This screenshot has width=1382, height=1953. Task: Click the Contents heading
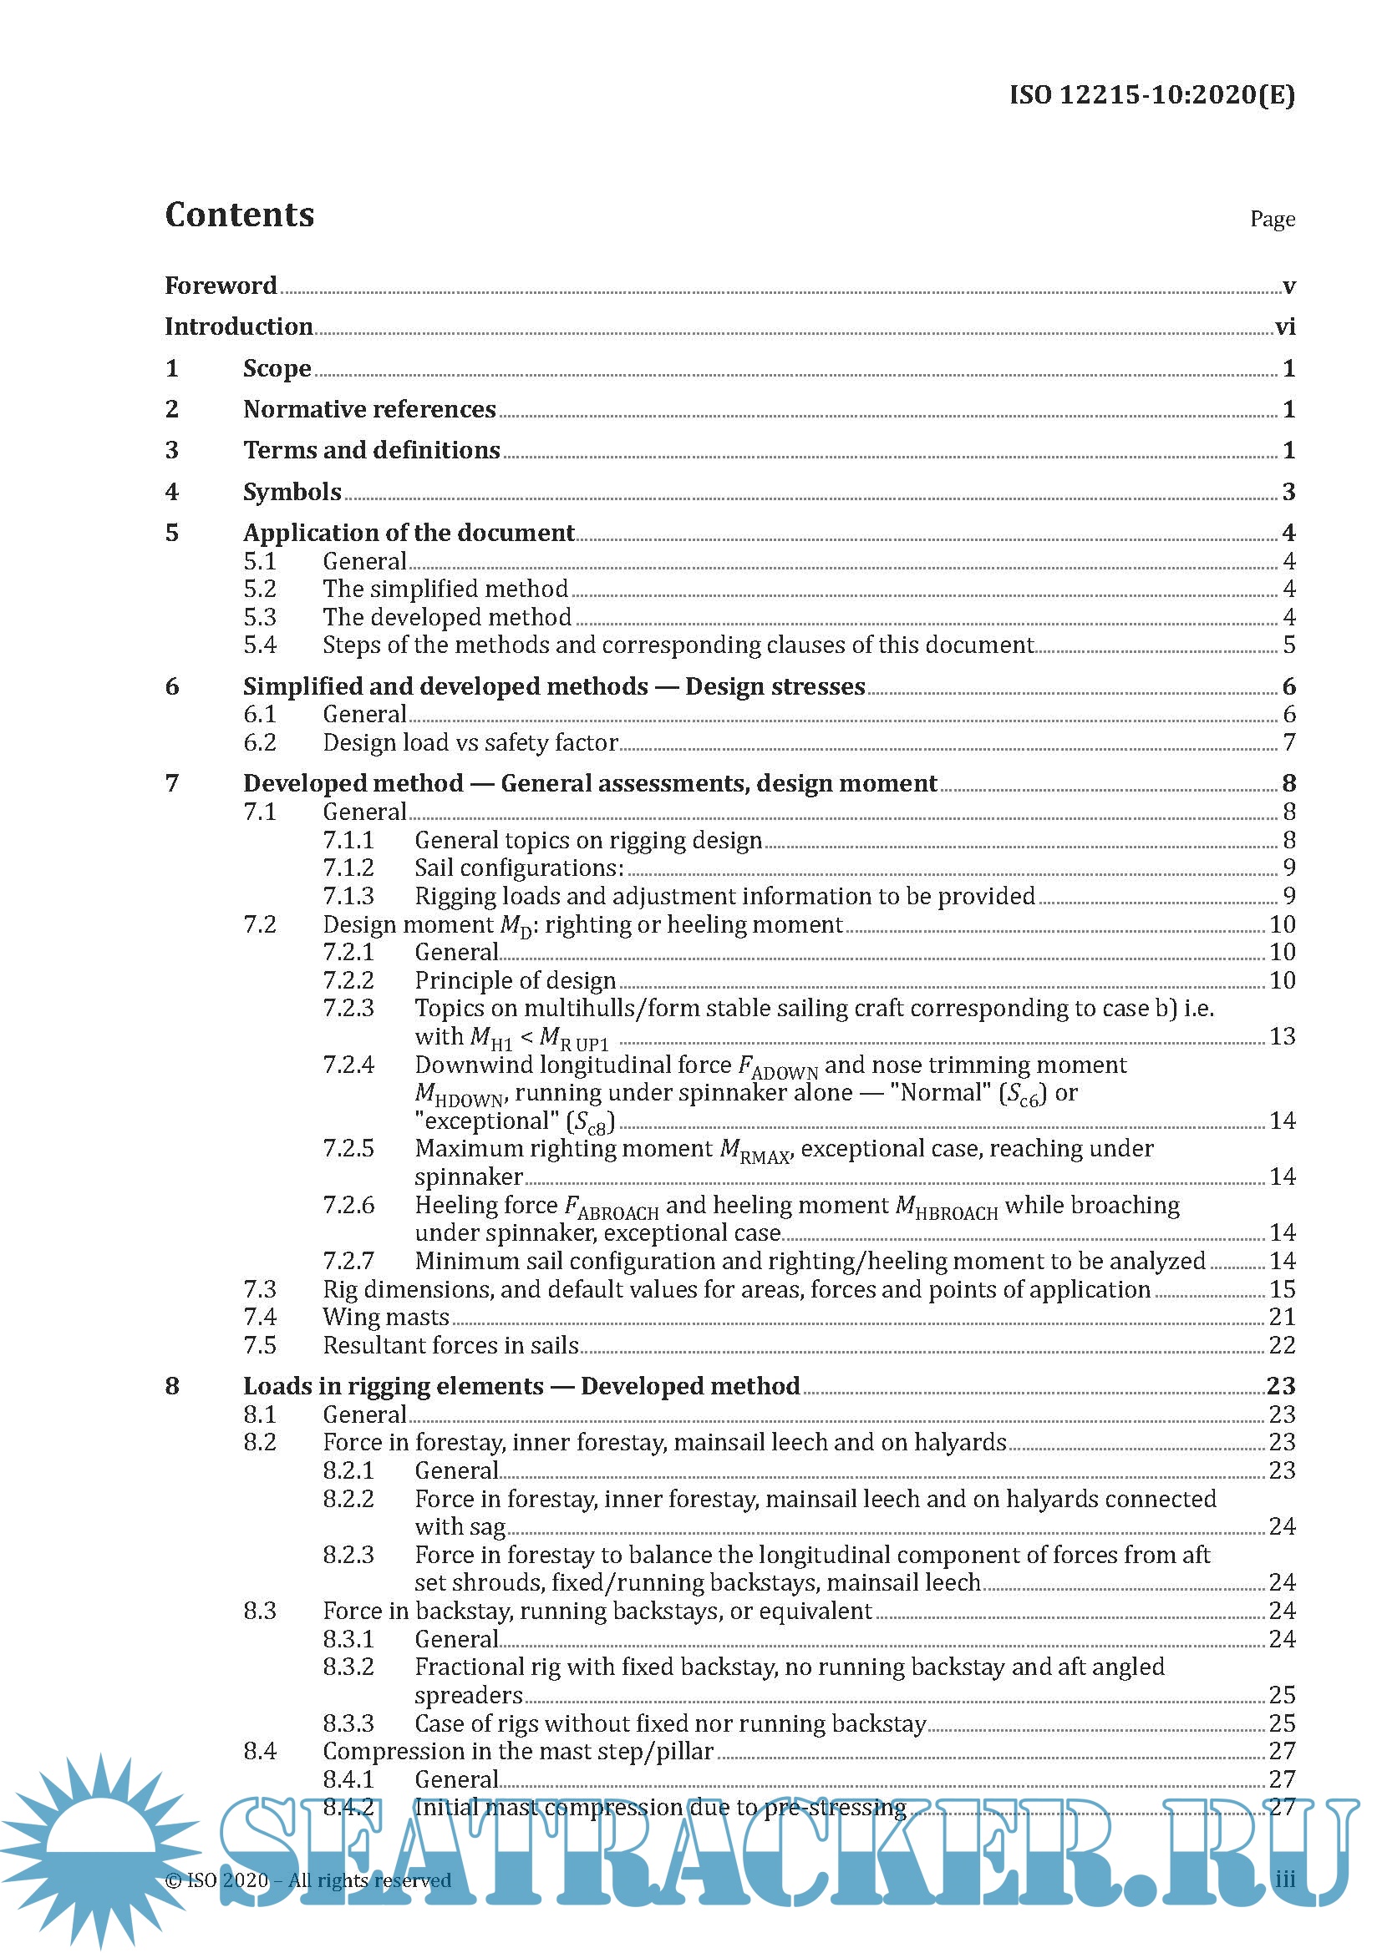click(239, 215)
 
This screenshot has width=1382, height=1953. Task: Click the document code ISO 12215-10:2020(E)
click(1151, 94)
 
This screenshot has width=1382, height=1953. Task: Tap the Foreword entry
click(221, 285)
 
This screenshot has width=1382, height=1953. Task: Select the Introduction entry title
click(238, 326)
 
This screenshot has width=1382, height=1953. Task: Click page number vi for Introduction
click(1284, 326)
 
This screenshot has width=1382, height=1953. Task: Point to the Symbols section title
click(292, 492)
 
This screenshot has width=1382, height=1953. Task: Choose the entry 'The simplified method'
click(445, 589)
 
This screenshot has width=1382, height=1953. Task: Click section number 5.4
click(260, 645)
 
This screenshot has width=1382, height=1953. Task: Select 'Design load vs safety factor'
click(470, 742)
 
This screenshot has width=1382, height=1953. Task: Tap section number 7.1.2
click(348, 868)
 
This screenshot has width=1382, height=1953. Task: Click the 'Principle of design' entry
click(515, 980)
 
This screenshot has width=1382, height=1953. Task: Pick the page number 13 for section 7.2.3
click(1282, 1036)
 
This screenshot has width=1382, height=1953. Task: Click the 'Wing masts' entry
click(385, 1317)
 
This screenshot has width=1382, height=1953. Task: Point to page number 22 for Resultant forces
click(1282, 1345)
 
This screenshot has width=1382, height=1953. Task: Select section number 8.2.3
click(348, 1554)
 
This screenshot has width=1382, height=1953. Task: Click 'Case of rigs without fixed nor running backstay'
click(670, 1723)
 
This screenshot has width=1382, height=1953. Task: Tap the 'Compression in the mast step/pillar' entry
click(517, 1752)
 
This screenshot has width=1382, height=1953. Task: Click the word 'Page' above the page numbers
click(1273, 219)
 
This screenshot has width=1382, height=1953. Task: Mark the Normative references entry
click(369, 409)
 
